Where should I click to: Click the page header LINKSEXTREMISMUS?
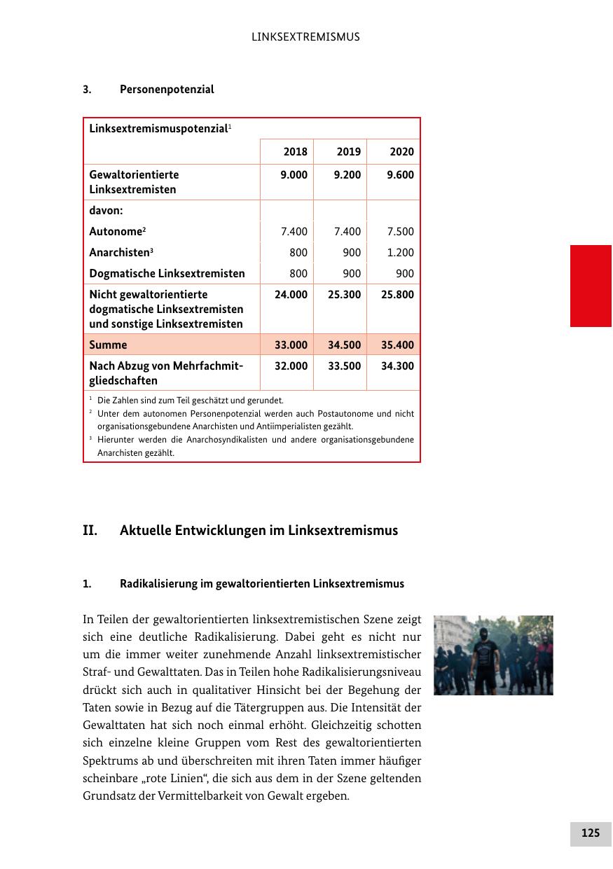pyautogui.click(x=305, y=37)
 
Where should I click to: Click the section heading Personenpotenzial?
pyautogui.click(x=167, y=90)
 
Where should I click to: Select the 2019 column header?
pyautogui.click(x=349, y=152)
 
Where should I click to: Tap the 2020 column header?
pyautogui.click(x=401, y=152)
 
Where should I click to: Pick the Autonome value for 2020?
pyautogui.click(x=400, y=232)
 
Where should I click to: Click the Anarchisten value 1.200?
pyautogui.click(x=400, y=253)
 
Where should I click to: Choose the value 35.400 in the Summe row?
pyautogui.click(x=397, y=345)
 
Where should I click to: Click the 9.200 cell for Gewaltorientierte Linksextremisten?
pyautogui.click(x=345, y=175)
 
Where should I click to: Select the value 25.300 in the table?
pyautogui.click(x=345, y=295)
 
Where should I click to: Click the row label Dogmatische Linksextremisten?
pyautogui.click(x=167, y=274)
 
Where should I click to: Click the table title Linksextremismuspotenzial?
pyautogui.click(x=158, y=129)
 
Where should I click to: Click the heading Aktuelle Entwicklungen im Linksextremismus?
pyautogui.click(x=259, y=531)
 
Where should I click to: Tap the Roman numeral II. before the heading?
pyautogui.click(x=90, y=531)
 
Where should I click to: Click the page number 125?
pyautogui.click(x=590, y=833)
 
